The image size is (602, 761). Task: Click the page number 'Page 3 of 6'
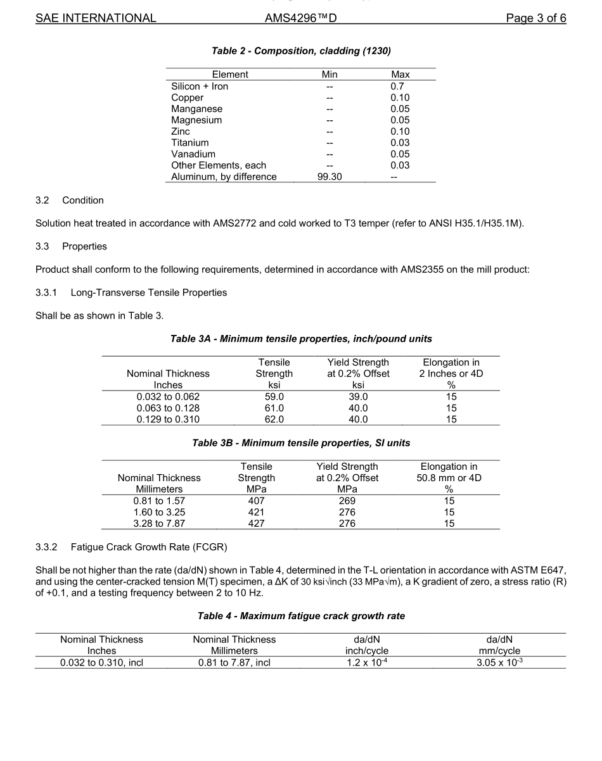tap(535, 18)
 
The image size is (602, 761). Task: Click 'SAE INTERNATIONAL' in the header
tap(96, 18)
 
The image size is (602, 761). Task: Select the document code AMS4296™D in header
tap(300, 18)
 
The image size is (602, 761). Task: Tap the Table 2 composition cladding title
tap(301, 51)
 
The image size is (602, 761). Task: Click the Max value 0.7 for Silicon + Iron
tap(397, 86)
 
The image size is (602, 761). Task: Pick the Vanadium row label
tap(193, 154)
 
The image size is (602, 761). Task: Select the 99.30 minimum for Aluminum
tap(330, 177)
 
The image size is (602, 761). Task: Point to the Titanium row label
tap(190, 142)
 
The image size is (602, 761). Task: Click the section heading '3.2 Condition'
tap(70, 200)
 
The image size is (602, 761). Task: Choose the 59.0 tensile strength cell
tap(274, 396)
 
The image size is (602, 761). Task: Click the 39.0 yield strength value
tap(358, 396)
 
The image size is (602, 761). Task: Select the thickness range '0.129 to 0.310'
tap(168, 419)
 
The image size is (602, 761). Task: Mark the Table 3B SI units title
tap(301, 443)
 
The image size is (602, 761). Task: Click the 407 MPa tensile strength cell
tap(256, 501)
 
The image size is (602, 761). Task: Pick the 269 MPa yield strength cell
tap(347, 501)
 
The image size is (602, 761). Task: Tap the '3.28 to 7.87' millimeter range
tap(159, 524)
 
